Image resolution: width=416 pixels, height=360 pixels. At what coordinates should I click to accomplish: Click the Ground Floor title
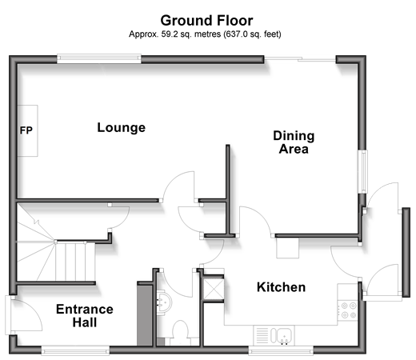click(206, 21)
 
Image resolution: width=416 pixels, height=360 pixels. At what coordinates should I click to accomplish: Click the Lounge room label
click(122, 128)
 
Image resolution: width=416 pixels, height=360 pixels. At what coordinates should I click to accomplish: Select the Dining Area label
click(294, 142)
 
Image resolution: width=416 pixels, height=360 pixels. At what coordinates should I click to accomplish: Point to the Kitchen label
click(281, 287)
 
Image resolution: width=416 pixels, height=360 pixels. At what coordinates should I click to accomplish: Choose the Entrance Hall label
click(85, 316)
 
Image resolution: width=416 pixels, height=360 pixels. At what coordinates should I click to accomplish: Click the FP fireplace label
click(26, 130)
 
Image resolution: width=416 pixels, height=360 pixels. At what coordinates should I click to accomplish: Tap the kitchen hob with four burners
click(347, 310)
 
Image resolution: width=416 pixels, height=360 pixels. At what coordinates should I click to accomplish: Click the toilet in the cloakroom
click(180, 333)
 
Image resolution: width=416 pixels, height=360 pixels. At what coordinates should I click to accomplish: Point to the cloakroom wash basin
click(163, 302)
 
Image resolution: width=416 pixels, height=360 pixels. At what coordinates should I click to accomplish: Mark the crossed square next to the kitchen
click(214, 289)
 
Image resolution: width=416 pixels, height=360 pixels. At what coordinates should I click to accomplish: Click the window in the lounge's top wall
click(99, 59)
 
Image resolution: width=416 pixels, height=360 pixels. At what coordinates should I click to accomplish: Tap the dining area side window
click(362, 171)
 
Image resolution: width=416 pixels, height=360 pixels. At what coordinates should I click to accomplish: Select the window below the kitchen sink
click(281, 350)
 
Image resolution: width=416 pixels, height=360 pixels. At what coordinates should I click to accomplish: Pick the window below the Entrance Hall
click(75, 350)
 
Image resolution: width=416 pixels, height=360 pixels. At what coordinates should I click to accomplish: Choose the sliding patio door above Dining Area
click(300, 59)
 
